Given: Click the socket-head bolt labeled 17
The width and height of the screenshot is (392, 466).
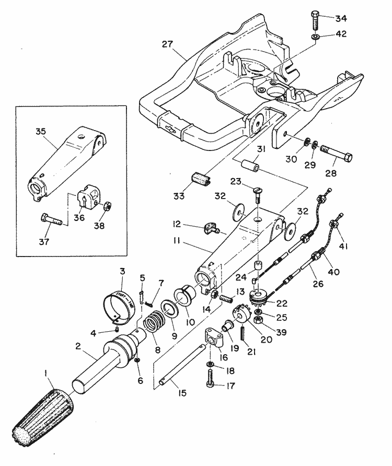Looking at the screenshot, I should [x=211, y=378].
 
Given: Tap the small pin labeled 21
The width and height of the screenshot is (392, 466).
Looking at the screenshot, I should [x=243, y=333].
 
